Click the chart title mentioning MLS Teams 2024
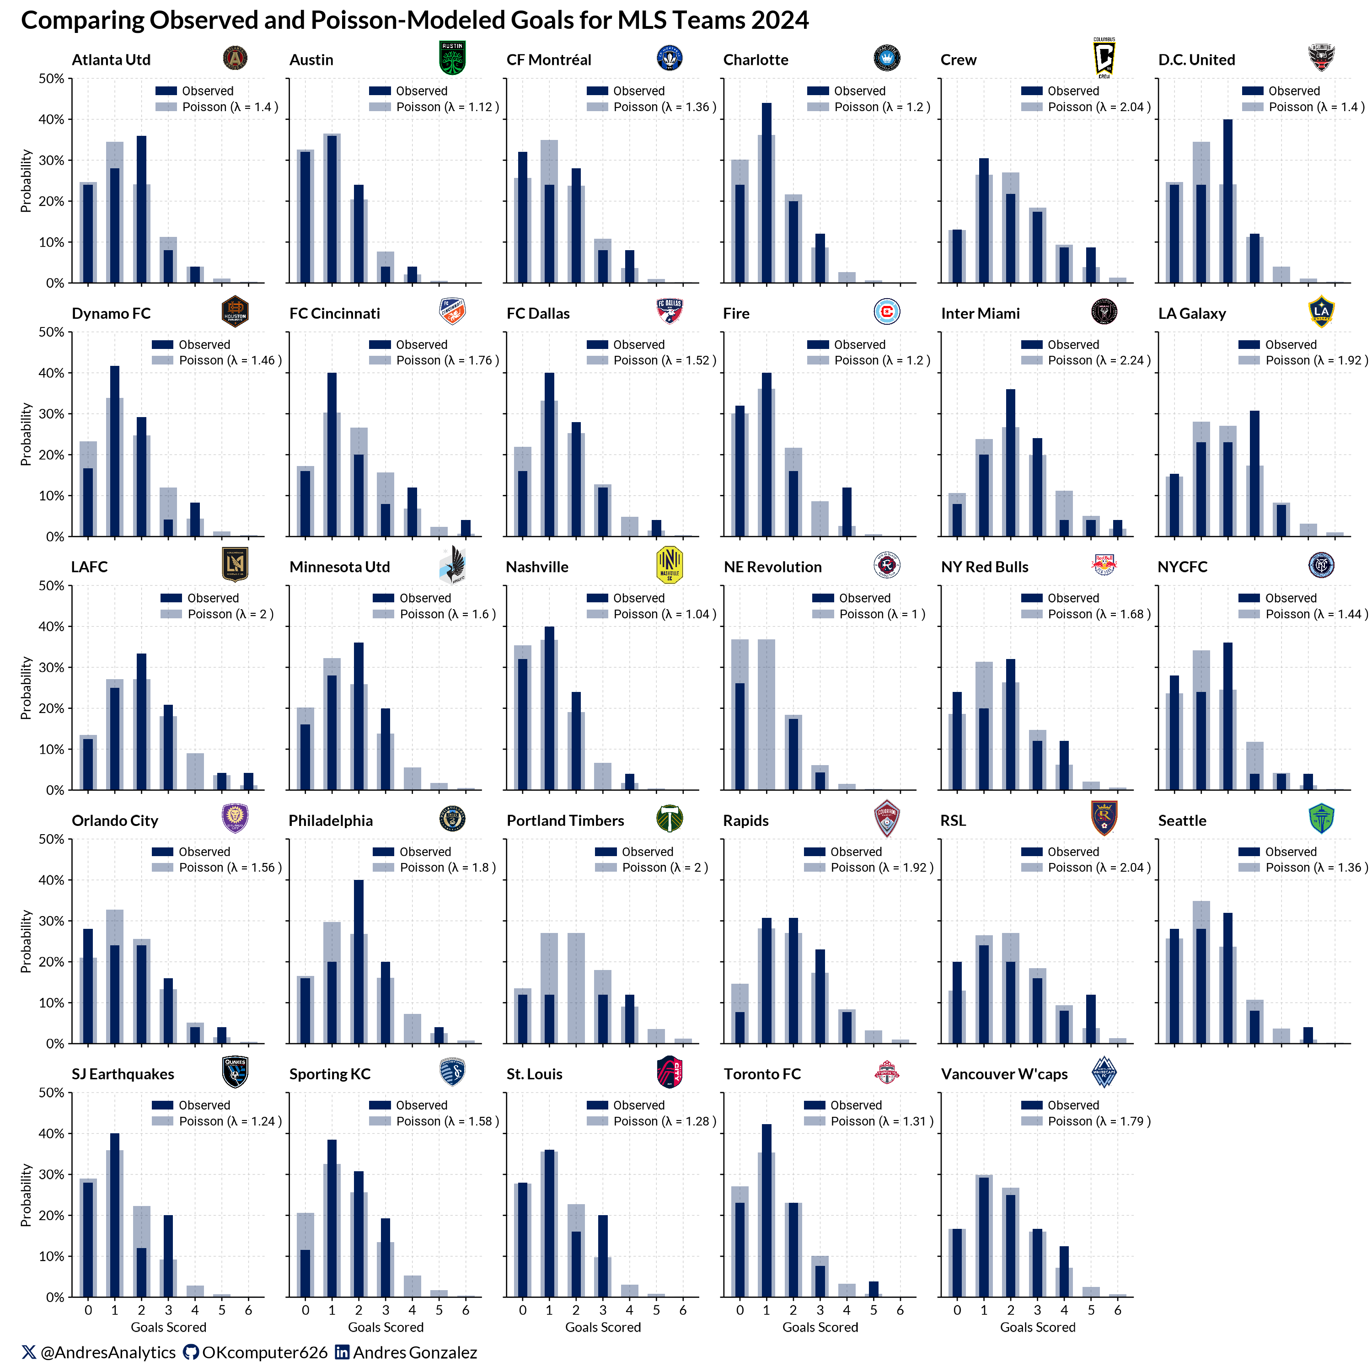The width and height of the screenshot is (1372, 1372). [x=415, y=20]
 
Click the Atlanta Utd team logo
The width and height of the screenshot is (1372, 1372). [x=235, y=58]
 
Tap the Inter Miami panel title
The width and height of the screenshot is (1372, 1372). [x=980, y=313]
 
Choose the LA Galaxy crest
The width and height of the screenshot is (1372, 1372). [x=1321, y=311]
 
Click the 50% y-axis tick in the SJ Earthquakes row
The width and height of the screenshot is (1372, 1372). [x=51, y=1092]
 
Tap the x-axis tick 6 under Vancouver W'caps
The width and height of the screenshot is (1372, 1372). [x=1117, y=1310]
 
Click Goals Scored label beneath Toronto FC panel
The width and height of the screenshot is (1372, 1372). [x=820, y=1327]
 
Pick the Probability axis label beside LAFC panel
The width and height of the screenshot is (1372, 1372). [x=26, y=687]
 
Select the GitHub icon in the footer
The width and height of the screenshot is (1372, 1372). [x=190, y=1352]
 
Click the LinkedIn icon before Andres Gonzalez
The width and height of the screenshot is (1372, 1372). [x=342, y=1352]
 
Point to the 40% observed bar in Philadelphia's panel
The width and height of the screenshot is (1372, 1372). [x=359, y=961]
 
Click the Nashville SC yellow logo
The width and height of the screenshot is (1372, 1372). [x=669, y=565]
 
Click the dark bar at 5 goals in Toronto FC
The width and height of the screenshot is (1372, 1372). [x=874, y=1288]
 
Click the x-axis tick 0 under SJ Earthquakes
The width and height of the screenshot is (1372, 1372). [x=88, y=1310]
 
